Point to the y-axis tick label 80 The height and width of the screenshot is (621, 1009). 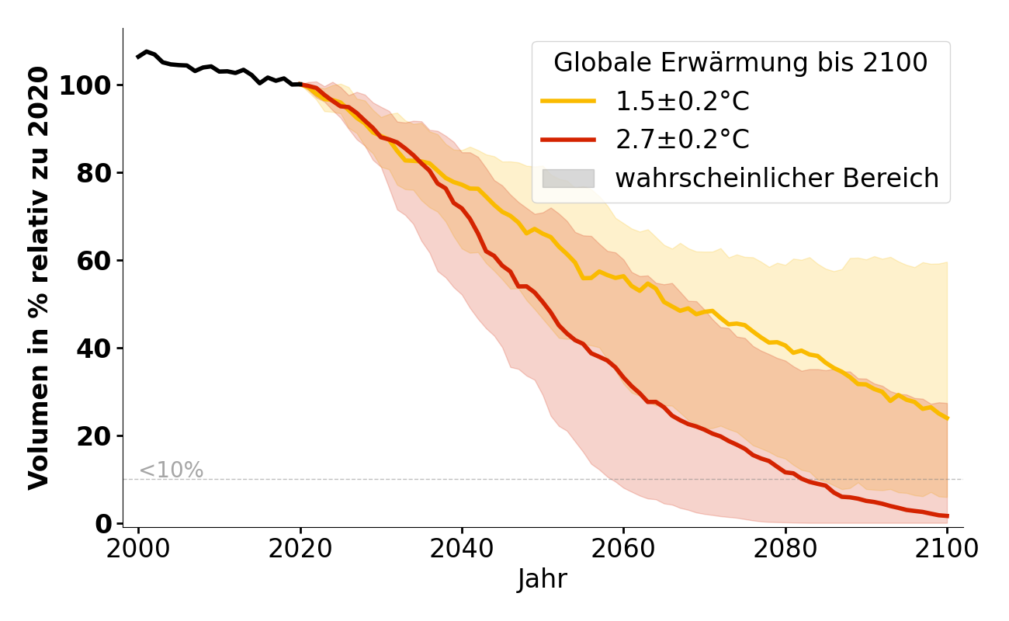click(94, 173)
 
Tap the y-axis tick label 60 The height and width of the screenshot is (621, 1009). click(94, 261)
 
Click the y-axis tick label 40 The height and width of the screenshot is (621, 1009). click(94, 349)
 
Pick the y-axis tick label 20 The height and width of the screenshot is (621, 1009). click(94, 436)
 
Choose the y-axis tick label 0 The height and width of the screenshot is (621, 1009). click(102, 524)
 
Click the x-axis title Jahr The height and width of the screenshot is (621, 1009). click(543, 579)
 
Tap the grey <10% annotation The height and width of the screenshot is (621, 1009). click(171, 470)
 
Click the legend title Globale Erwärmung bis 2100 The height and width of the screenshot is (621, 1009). click(740, 63)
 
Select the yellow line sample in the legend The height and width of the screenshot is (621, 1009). click(568, 102)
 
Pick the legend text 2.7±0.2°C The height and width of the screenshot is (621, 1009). click(682, 140)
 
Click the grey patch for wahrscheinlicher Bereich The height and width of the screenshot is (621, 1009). click(568, 179)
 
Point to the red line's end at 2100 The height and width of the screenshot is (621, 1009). click(947, 516)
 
